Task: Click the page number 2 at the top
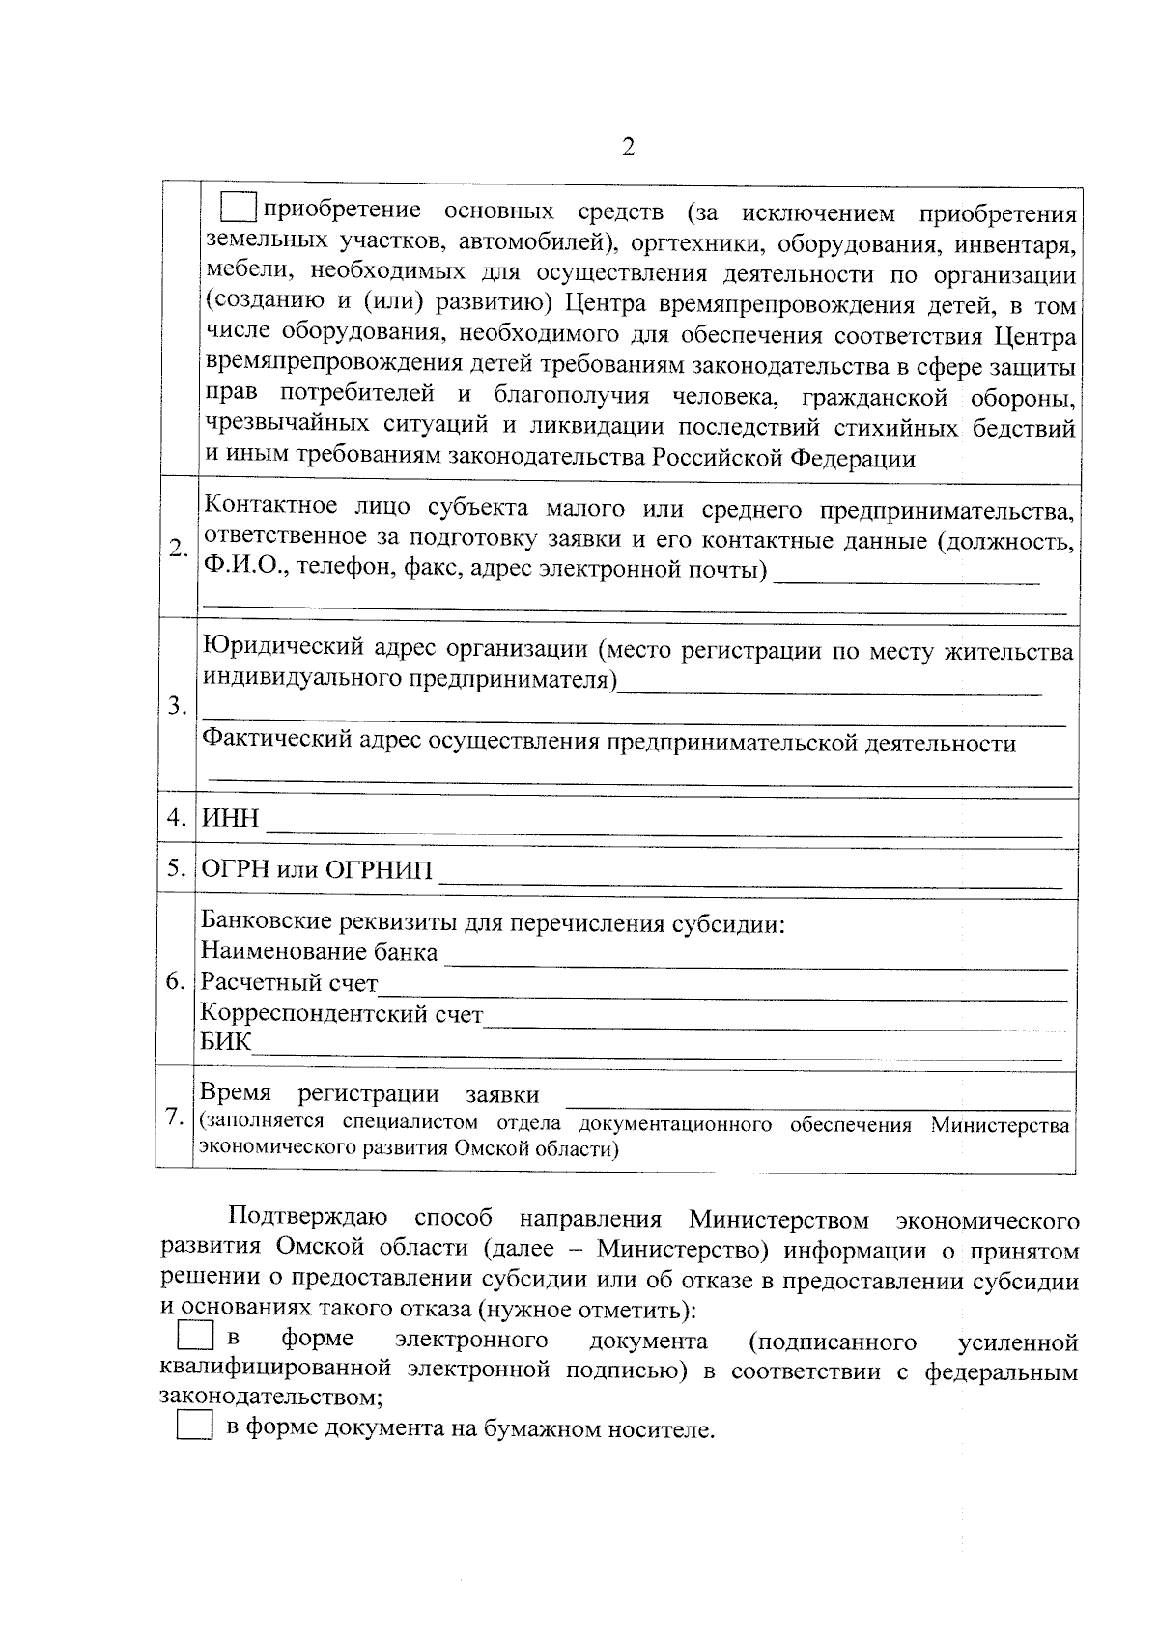[629, 148]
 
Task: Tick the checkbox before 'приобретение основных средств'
[238, 207]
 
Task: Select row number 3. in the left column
[177, 705]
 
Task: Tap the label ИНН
[230, 819]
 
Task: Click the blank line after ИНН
[663, 829]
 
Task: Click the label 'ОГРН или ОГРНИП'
[317, 869]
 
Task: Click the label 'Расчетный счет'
[289, 983]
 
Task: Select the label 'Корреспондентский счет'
[341, 1014]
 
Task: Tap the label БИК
[225, 1042]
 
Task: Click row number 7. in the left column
[174, 1116]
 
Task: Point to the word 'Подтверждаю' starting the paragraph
[308, 1219]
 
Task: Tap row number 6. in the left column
[175, 982]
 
